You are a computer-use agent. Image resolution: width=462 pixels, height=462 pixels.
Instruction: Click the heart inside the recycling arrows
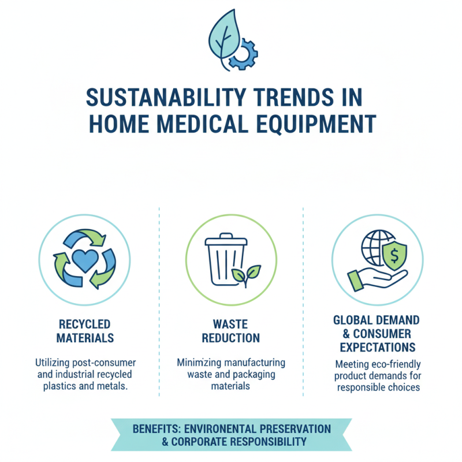pyautogui.click(x=85, y=262)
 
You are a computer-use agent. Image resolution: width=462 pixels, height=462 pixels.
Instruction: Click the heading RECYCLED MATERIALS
pyautogui.click(x=85, y=331)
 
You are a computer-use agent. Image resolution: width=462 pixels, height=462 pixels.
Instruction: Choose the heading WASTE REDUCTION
pyautogui.click(x=231, y=331)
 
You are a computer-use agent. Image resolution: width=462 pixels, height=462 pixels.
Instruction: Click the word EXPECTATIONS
pyautogui.click(x=377, y=347)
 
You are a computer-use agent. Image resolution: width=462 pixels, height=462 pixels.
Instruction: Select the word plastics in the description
pyautogui.click(x=64, y=386)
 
